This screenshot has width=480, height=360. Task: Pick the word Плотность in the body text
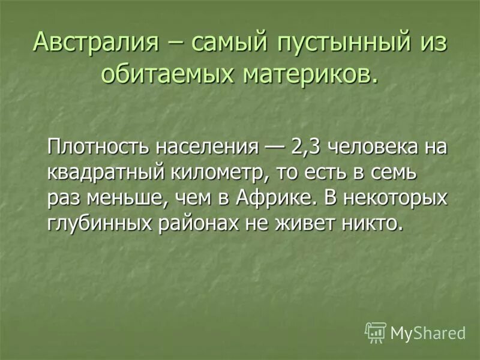(x=100, y=146)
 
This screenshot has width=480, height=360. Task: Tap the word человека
(x=371, y=148)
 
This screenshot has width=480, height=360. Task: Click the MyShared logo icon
(x=376, y=332)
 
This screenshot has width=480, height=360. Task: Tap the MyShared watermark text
(x=428, y=332)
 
